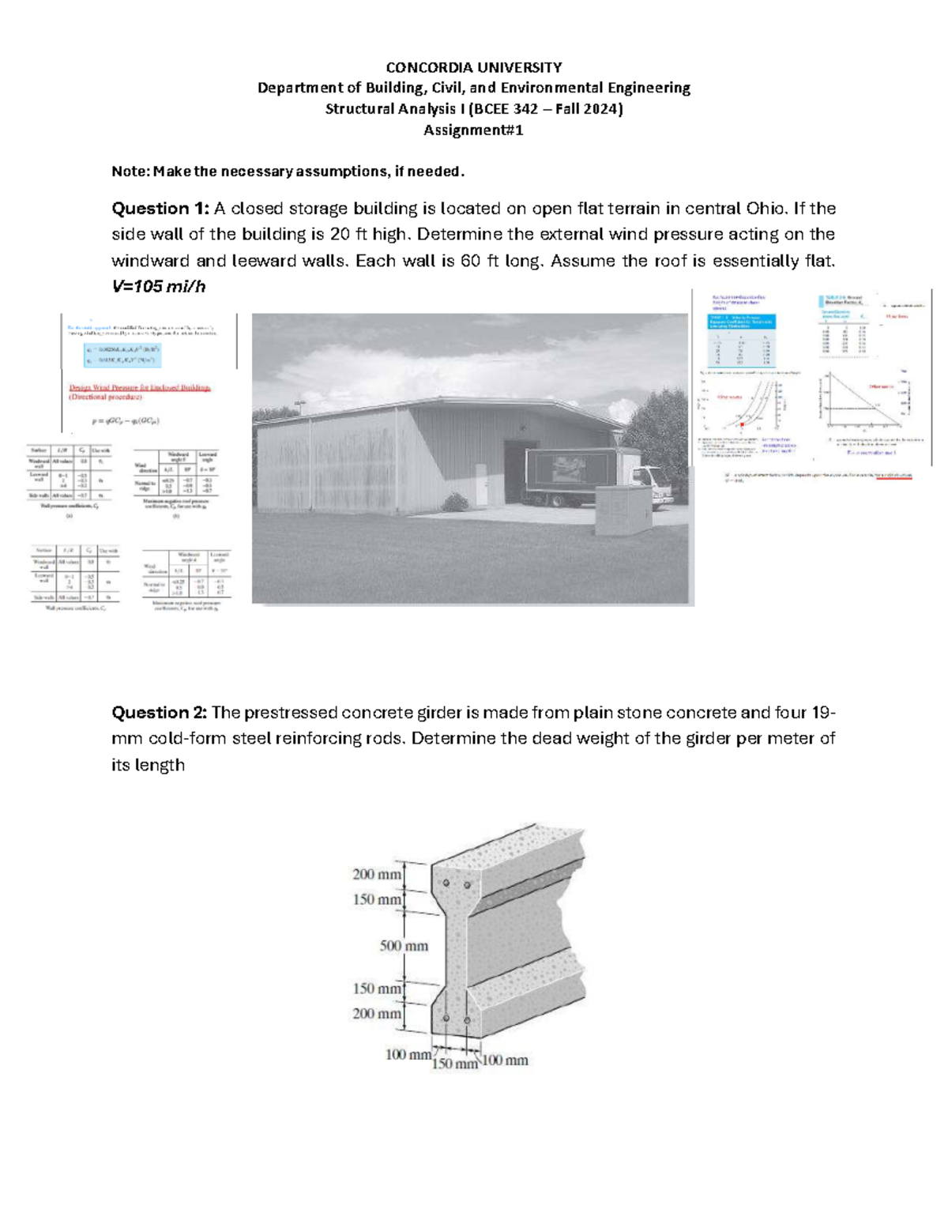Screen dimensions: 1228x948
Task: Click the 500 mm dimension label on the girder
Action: click(404, 946)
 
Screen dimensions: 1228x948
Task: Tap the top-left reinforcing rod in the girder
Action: click(446, 883)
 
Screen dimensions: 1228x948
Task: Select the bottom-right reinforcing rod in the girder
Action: click(467, 1020)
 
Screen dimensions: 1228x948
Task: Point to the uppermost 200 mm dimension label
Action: click(376, 874)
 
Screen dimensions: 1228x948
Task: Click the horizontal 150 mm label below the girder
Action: click(454, 1064)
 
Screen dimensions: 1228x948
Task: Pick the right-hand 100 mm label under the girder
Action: click(505, 1060)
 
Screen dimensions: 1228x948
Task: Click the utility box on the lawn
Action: click(623, 511)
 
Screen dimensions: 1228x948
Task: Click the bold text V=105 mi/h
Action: click(159, 287)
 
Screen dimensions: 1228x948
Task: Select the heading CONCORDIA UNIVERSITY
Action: click(473, 67)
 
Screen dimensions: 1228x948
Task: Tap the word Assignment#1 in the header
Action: click(473, 130)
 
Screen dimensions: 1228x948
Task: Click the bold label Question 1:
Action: click(160, 209)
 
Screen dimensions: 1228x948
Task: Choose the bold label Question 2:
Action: click(160, 713)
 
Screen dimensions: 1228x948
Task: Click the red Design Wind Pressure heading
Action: click(140, 388)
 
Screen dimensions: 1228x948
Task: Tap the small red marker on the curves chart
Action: click(743, 424)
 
